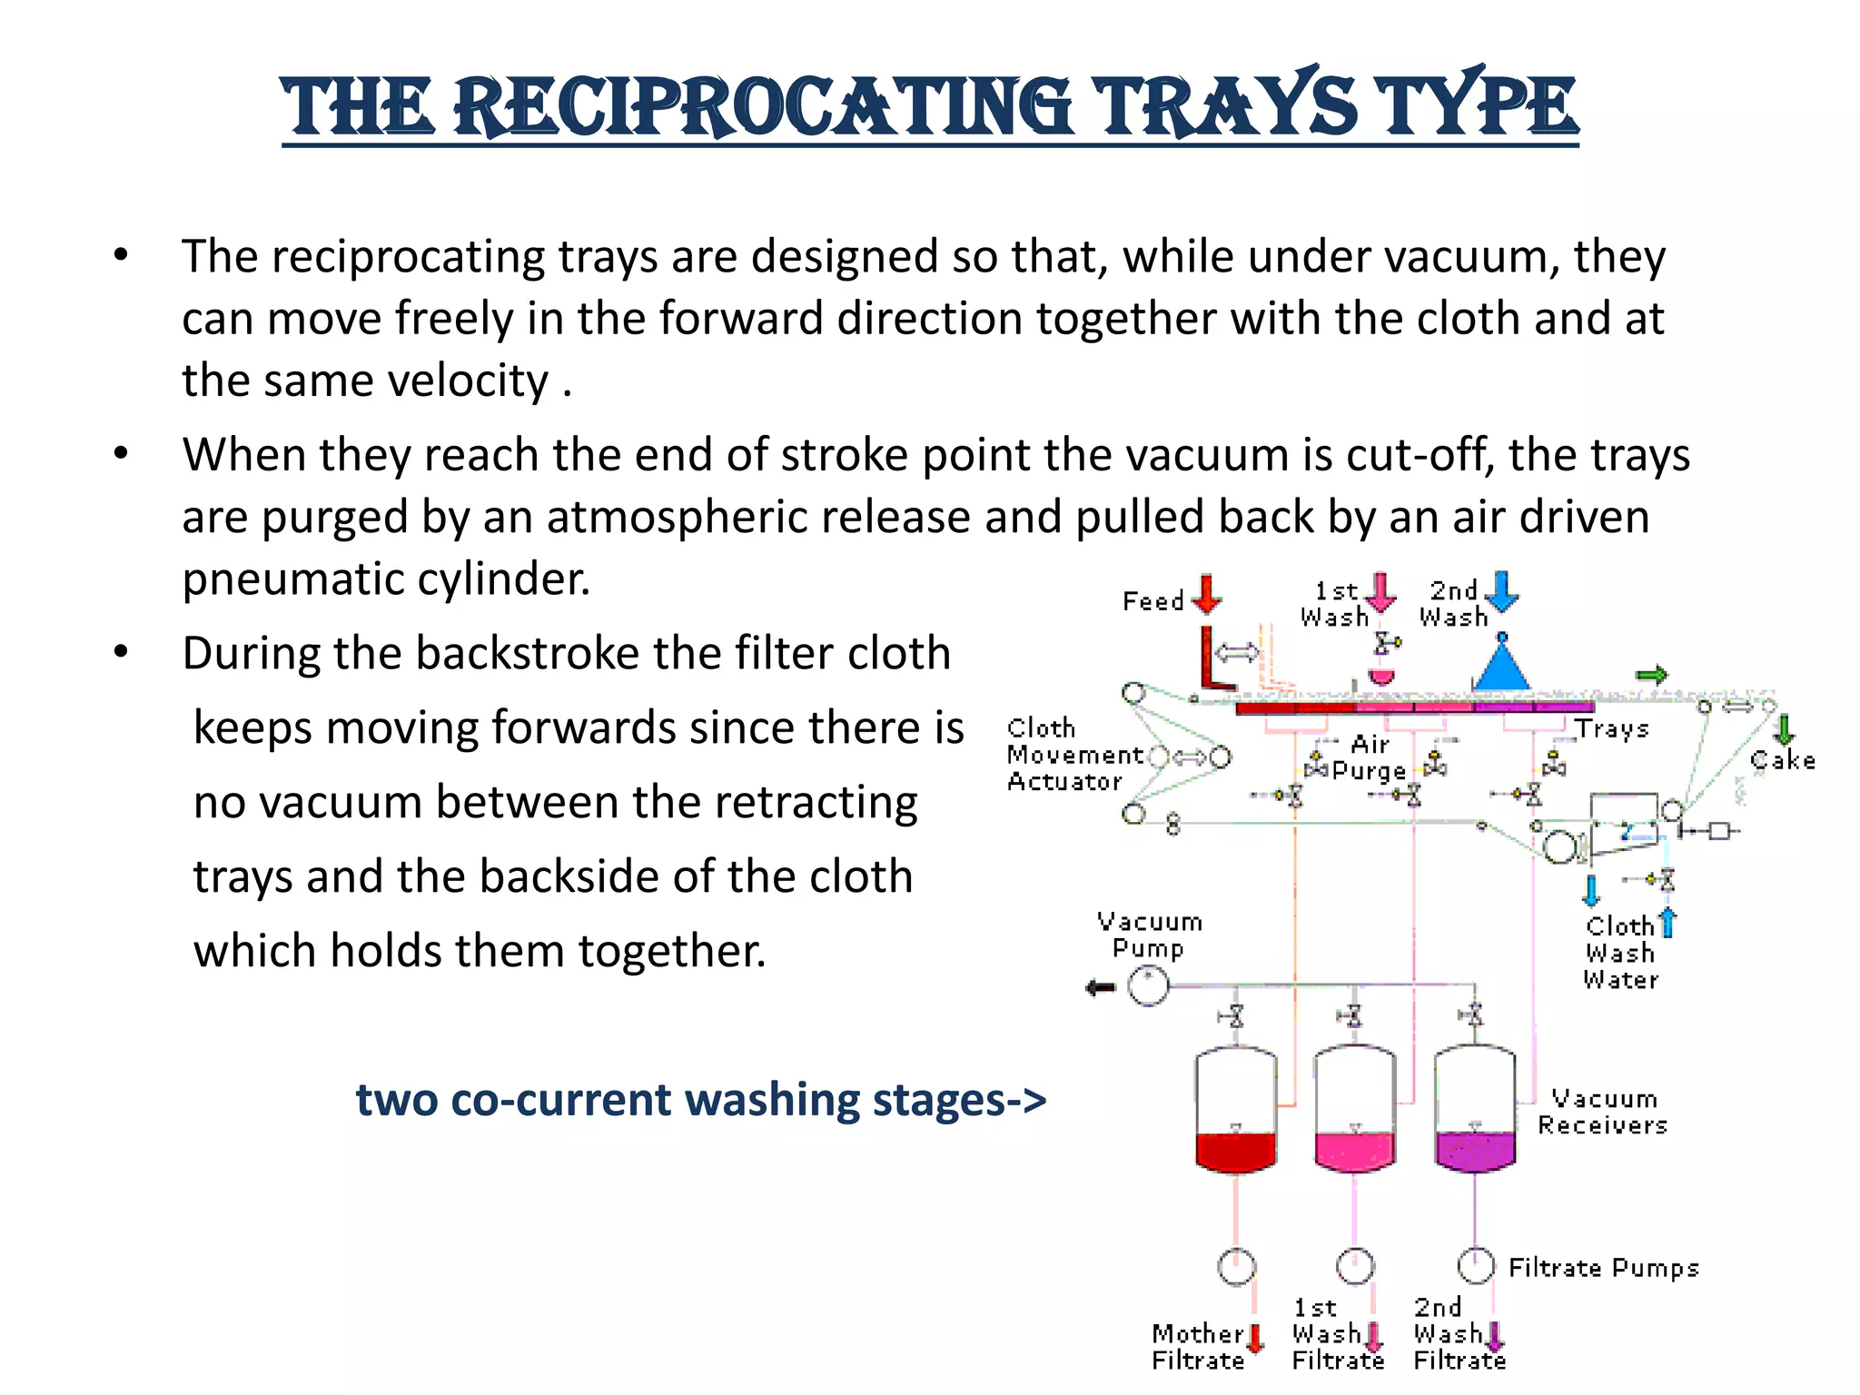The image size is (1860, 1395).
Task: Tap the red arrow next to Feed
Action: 1206,594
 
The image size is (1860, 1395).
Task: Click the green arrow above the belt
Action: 1652,675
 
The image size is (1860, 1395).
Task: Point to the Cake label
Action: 1783,761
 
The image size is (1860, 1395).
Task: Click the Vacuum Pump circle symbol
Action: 1148,986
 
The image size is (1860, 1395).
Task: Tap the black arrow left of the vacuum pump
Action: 1101,988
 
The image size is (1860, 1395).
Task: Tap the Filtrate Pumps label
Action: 1603,1268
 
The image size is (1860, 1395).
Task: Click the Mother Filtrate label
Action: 1198,1347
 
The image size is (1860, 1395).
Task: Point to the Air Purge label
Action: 1370,758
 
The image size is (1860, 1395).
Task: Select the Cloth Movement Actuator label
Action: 1072,755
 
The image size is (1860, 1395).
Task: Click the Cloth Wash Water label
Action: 1620,953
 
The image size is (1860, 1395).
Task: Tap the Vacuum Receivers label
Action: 1603,1112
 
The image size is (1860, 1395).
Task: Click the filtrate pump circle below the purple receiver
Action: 1475,1265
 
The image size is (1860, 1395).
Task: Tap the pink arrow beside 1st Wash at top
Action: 1381,591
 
